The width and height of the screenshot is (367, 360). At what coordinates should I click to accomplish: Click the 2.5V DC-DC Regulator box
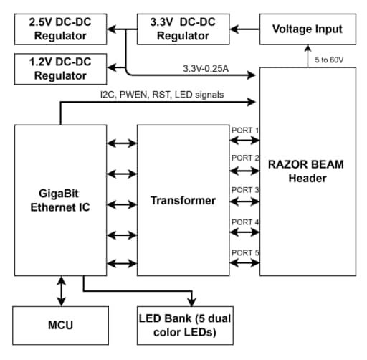point(58,28)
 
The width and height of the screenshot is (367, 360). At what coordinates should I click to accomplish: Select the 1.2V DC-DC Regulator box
point(58,67)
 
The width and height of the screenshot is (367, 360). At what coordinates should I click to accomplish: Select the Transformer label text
point(183,200)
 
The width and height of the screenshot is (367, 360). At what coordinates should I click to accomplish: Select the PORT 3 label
point(244,190)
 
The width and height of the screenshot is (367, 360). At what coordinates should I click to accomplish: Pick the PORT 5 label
point(244,252)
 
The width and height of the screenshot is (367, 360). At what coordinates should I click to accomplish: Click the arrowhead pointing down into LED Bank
point(192,301)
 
